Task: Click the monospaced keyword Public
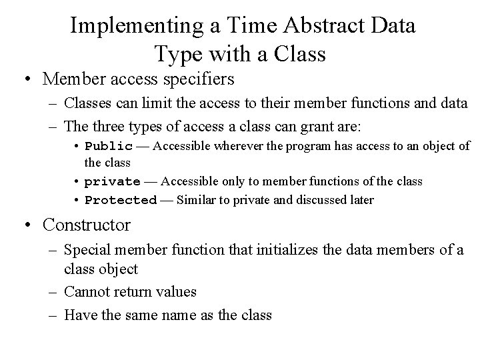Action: coord(109,147)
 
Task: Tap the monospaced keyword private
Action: coord(113,181)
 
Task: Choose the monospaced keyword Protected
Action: coord(121,200)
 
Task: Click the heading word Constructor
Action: coord(87,225)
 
